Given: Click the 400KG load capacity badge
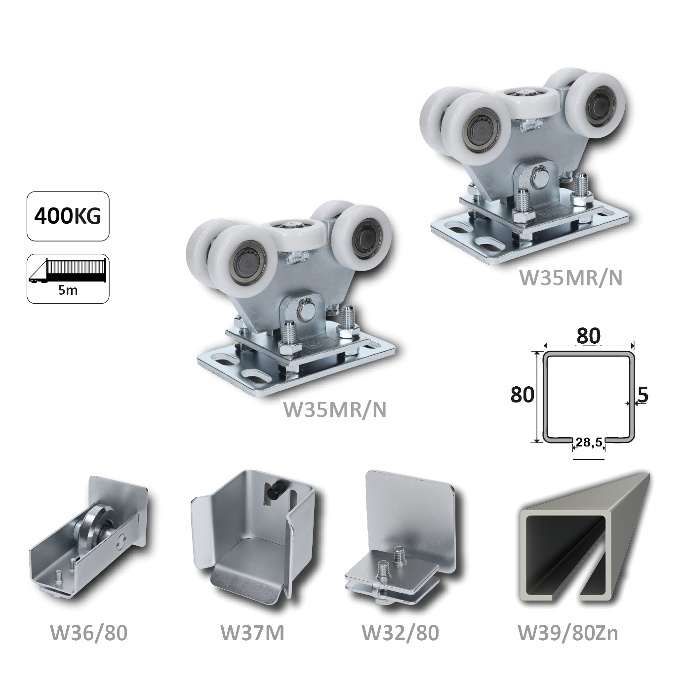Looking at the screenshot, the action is tap(68, 216).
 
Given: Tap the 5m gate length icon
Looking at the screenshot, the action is tap(68, 279).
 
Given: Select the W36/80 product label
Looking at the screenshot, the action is tap(88, 633).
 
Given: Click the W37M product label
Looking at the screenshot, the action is tap(252, 633).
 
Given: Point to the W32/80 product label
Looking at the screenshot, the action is tap(401, 633).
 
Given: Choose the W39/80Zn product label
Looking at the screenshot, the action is tap(568, 633).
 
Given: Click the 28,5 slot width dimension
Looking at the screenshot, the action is tap(589, 442).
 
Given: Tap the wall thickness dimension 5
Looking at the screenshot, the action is tap(643, 395).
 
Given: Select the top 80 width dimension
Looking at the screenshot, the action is tap(588, 335).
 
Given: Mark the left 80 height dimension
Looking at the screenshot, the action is tap(522, 395).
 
